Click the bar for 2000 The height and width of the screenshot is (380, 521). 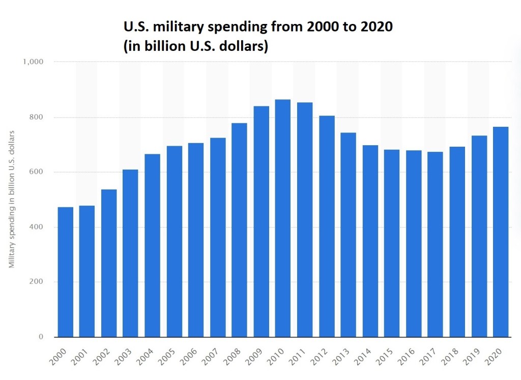click(66, 272)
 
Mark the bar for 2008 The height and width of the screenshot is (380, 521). click(240, 230)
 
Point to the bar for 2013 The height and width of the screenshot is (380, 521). click(349, 234)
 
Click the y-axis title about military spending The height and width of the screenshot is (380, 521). click(11, 199)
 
